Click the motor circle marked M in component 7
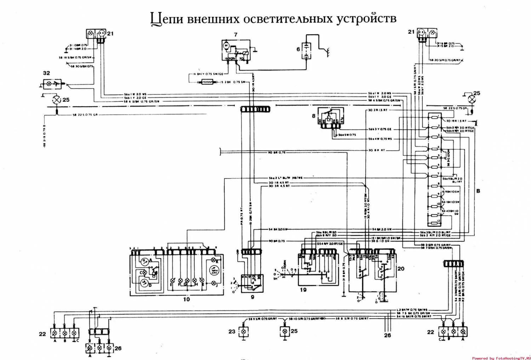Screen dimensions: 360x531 pos(225,45)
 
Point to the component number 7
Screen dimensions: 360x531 pos(236,35)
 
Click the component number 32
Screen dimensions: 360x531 pos(46,73)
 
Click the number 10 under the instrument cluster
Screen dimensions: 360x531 pos(186,299)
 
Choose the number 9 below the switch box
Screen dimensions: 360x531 pos(252,297)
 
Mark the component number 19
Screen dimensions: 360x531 pos(303,289)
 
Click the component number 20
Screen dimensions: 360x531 pos(401,269)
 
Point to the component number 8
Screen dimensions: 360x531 pos(314,116)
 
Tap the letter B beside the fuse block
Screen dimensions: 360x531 pos(478,191)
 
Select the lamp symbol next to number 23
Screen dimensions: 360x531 pos(244,332)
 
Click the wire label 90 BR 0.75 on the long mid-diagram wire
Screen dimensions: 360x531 pos(276,152)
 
